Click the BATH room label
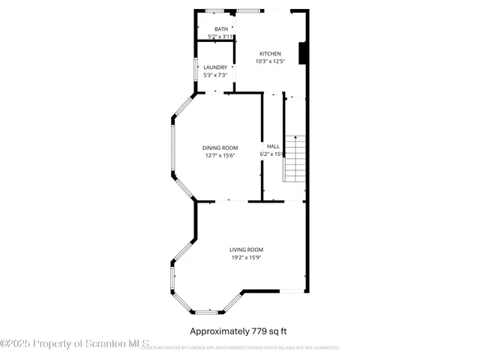pos(221,29)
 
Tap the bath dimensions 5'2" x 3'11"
pos(221,37)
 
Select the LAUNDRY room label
pos(214,67)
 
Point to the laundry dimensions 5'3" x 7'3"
pos(214,75)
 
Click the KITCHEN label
pos(270,54)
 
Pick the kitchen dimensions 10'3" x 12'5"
pos(270,61)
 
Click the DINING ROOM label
pos(220,148)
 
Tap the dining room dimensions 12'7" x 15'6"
pos(220,155)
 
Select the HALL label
pos(274,146)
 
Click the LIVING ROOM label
pos(246,250)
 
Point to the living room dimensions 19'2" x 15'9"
pos(246,257)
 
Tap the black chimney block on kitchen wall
pos(302,54)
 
